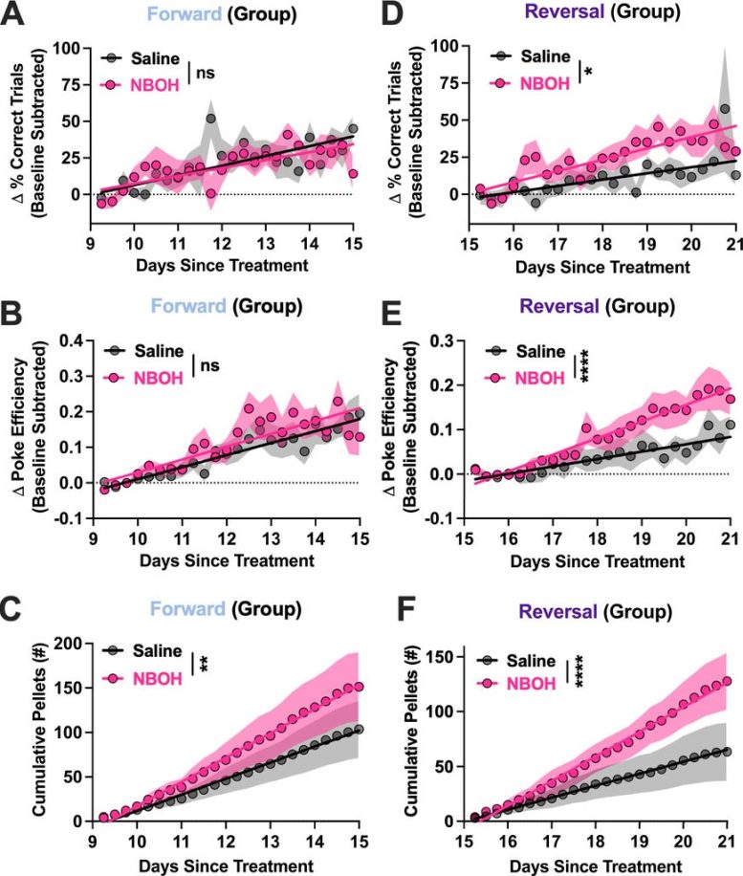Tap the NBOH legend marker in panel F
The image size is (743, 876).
point(489,684)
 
